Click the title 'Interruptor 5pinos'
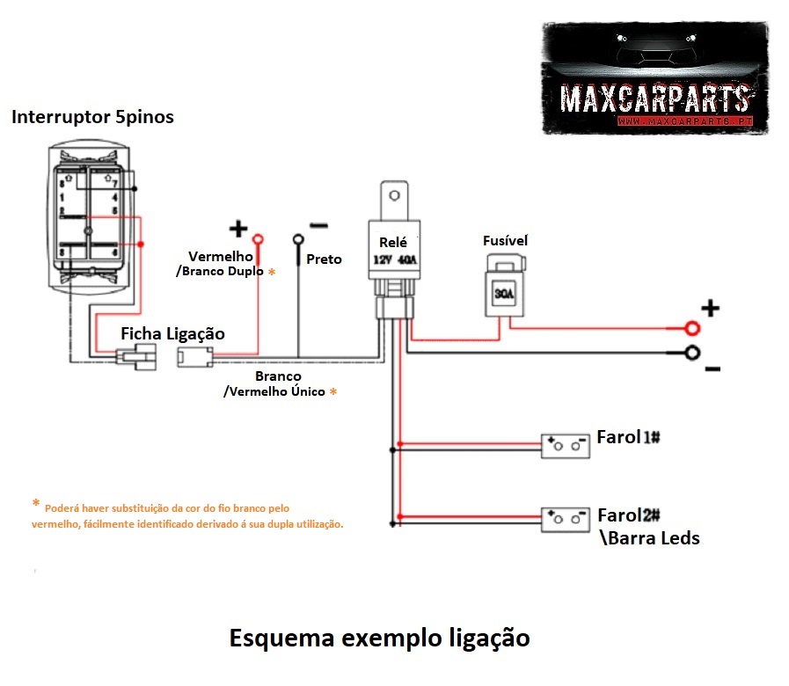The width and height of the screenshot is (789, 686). point(92,117)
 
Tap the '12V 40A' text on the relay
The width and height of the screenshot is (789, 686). point(395,260)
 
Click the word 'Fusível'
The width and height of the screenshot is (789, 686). point(505,240)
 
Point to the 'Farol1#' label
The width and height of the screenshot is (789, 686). point(628,437)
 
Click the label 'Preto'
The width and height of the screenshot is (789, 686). point(324,259)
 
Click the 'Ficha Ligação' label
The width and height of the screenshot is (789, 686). point(172,334)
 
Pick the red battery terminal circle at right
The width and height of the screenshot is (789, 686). point(693,328)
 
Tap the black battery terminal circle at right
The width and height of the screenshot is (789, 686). point(693,354)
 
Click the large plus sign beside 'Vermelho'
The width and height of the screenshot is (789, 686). point(238,230)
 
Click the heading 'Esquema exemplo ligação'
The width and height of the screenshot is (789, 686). point(379,638)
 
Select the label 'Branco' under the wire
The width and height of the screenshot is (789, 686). point(278,376)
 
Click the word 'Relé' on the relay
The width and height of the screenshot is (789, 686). point(393,243)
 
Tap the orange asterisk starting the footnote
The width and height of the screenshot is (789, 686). point(35,504)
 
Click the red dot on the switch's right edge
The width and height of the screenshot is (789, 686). point(141,244)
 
